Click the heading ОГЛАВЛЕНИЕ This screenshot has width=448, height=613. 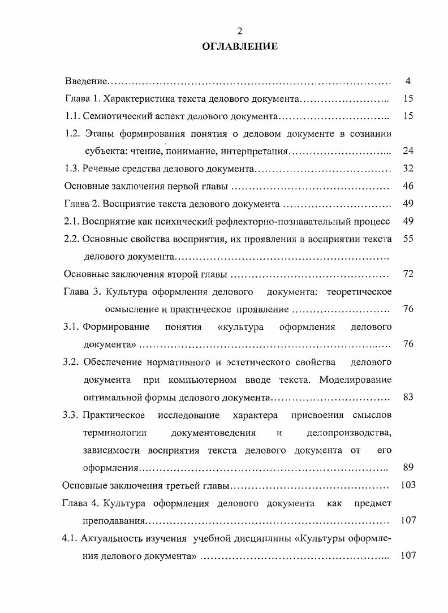[x=240, y=47]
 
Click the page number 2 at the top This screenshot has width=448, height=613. [x=240, y=31]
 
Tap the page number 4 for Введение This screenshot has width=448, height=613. [x=408, y=81]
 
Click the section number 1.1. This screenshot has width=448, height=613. [x=72, y=116]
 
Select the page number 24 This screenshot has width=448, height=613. [x=408, y=151]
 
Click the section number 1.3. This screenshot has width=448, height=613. [x=72, y=169]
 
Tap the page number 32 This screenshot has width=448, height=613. [x=408, y=169]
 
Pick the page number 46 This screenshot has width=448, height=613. [x=408, y=186]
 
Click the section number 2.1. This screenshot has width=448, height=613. [x=72, y=221]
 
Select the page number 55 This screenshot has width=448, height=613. [x=408, y=239]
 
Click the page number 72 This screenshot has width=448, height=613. [x=408, y=274]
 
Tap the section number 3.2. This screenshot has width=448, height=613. [x=71, y=362]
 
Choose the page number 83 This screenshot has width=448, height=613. [x=408, y=397]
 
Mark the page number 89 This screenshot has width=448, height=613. [x=408, y=467]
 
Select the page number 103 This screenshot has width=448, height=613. [x=407, y=485]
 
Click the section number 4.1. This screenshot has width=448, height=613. [x=70, y=538]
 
